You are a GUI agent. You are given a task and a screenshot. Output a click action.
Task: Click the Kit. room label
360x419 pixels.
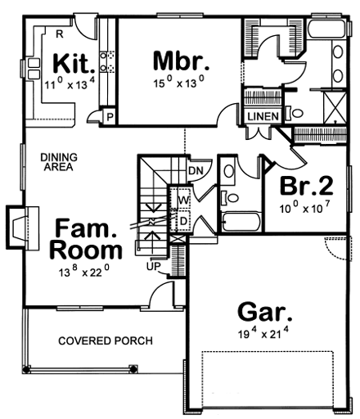coord(74,65)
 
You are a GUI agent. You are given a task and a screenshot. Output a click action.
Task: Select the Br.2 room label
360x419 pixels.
coord(307,186)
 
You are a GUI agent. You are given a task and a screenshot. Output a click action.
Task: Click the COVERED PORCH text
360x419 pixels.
coord(106,340)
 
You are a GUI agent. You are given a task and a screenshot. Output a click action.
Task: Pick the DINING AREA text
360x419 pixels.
coord(59,162)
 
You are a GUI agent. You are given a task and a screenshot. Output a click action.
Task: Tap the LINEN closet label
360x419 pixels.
coord(263,117)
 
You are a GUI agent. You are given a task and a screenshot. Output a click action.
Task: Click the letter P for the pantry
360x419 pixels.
coord(110,117)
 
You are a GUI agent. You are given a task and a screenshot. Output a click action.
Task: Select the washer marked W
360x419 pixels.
coord(183,200)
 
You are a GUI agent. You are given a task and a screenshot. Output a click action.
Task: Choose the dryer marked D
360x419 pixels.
coord(184,221)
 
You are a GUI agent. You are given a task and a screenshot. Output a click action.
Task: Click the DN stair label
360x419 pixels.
coord(196,171)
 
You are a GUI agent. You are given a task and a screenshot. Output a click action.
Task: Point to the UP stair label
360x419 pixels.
coord(154,266)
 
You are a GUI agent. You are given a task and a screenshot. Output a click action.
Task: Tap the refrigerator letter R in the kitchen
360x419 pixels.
coord(60,34)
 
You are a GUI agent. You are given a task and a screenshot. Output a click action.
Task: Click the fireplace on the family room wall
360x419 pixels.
coord(22,228)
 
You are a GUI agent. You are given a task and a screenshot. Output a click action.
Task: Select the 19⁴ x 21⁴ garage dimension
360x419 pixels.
coord(263,333)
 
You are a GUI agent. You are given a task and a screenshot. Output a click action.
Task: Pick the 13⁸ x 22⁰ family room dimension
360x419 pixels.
coord(84,271)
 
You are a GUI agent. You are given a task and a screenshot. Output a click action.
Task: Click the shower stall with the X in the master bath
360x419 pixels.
coord(335,107)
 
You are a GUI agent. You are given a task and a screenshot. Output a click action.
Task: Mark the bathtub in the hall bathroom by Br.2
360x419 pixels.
coord(241,222)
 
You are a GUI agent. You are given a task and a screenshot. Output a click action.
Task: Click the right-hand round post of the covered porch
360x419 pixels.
coord(133,369)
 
